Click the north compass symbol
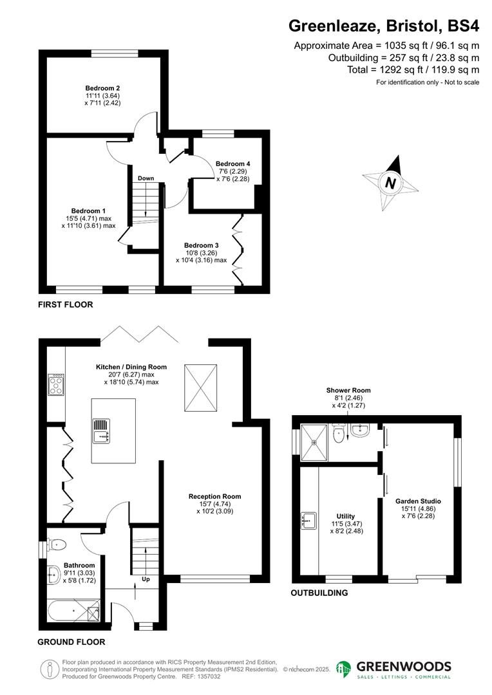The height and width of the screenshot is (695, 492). coord(390,183)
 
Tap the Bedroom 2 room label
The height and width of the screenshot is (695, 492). coord(103,88)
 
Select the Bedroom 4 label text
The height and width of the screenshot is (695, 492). coord(232,163)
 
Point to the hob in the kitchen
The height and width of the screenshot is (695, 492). coord(56,384)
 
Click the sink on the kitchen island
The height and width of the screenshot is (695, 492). coord(102,431)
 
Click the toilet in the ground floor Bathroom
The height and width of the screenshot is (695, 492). coord(56,546)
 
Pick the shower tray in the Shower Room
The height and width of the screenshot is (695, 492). coord(315,441)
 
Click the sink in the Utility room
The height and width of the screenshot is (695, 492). coord(309,520)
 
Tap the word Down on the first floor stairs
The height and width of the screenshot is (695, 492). coord(145,178)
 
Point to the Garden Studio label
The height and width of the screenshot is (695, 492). coord(418,500)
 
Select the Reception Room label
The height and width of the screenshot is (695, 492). coord(214,496)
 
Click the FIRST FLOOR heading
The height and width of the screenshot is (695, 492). coord(65,305)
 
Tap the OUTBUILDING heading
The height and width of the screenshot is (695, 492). coord(319,593)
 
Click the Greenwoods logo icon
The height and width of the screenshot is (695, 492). coord(345,669)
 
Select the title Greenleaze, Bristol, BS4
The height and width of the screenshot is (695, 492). coord(384,26)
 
